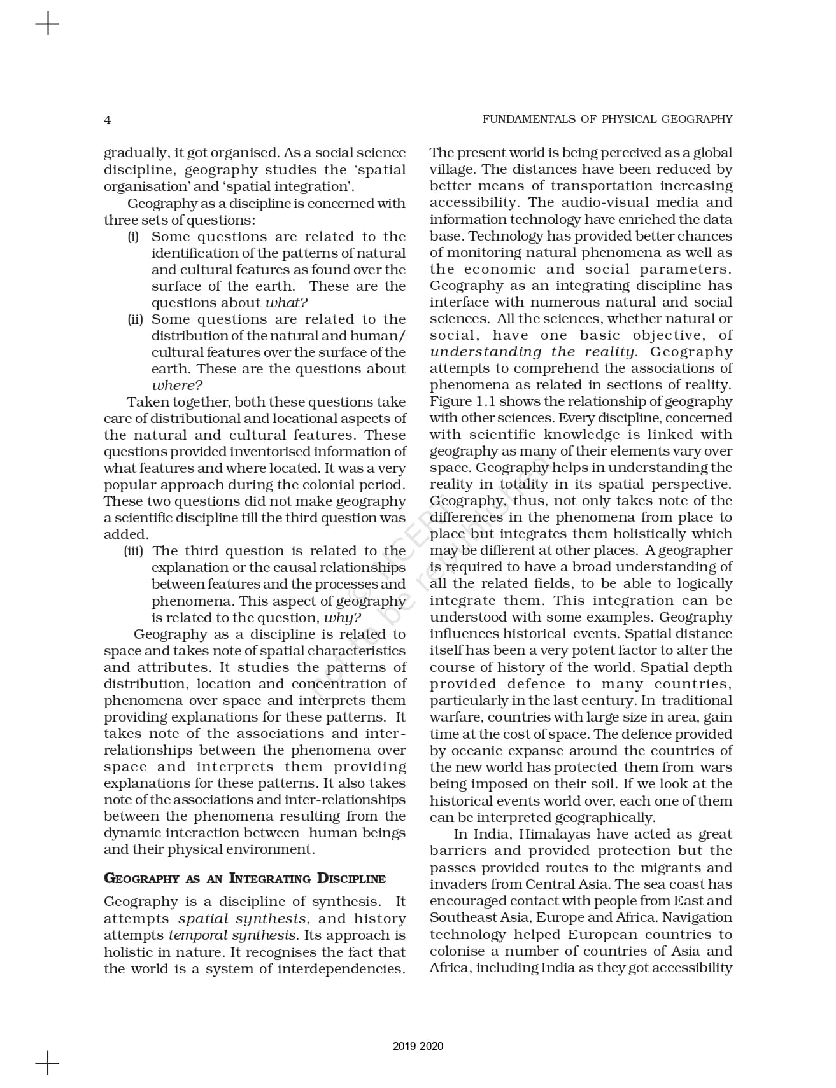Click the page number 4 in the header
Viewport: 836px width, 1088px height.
(108, 120)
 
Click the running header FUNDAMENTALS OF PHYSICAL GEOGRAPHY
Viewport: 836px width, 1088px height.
(607, 119)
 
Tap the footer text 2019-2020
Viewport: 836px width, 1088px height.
(418, 1046)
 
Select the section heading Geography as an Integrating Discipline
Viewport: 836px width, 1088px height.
(244, 879)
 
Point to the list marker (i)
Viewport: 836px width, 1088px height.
(133, 237)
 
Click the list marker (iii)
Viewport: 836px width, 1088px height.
(133, 551)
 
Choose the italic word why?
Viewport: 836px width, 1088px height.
(343, 618)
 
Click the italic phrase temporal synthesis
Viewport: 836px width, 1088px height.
(232, 935)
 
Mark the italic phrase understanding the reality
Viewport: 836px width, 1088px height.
(532, 352)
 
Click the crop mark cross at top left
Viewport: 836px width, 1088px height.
(47, 25)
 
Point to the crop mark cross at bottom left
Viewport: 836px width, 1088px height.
(47, 1063)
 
